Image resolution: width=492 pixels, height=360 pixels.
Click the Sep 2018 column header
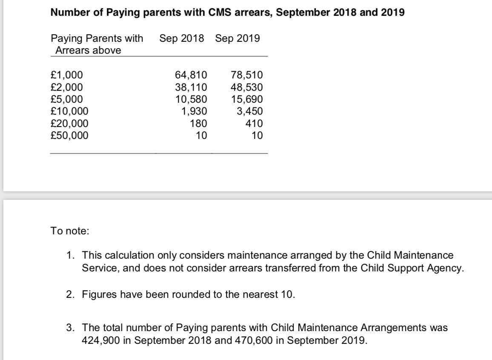point(181,39)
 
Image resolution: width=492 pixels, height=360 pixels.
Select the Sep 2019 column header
point(237,39)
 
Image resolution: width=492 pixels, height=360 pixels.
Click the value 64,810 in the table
point(191,75)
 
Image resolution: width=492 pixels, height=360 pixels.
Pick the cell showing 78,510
point(247,75)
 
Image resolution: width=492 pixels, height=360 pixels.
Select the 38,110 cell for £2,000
point(191,88)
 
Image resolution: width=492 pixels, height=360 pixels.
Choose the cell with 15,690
point(247,100)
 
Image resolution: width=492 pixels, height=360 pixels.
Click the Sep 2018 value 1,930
point(194,112)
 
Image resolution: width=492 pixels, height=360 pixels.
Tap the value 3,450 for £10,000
point(250,112)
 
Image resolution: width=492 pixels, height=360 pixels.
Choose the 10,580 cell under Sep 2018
point(191,100)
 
